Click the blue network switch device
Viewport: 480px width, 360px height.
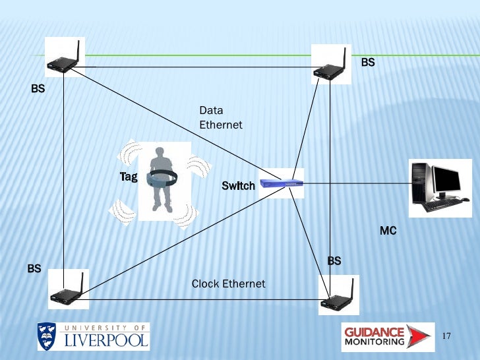[x=282, y=183]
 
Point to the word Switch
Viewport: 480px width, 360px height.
[x=238, y=186]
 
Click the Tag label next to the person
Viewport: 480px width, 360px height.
[x=128, y=177]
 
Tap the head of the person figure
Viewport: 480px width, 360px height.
[x=160, y=153]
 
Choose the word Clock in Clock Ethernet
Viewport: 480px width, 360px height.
[x=205, y=284]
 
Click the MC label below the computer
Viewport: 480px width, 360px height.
[x=388, y=231]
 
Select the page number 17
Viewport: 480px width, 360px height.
[x=446, y=336]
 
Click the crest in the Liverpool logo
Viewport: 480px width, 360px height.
[x=47, y=336]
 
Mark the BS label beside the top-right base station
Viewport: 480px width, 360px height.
[x=368, y=62]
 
